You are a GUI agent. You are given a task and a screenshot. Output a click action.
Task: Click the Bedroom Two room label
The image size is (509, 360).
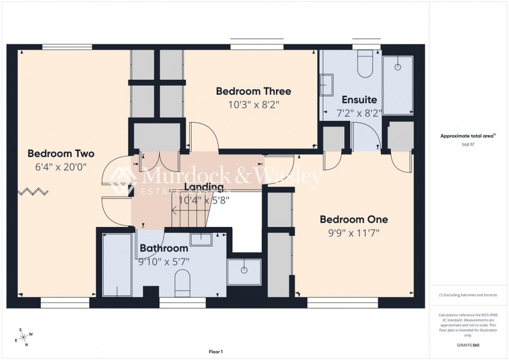click(61, 153)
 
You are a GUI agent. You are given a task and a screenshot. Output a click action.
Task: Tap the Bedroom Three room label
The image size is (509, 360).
click(253, 91)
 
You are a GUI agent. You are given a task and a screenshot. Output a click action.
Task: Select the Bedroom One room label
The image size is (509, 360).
click(353, 219)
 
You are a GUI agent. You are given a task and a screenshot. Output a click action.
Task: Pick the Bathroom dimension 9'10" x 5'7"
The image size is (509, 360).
click(163, 261)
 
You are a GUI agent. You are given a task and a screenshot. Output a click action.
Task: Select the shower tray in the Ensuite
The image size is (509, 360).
click(398, 84)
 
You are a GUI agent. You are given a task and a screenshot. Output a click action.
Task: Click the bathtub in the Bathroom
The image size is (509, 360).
click(117, 264)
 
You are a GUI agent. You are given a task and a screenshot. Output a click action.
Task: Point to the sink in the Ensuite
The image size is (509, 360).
click(327, 84)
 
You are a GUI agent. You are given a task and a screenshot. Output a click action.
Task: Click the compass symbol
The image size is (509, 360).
click(25, 338)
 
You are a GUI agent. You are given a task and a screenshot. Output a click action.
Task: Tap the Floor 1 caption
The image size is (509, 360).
click(216, 352)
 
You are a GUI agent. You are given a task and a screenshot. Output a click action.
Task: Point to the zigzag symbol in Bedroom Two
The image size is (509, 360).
click(33, 192)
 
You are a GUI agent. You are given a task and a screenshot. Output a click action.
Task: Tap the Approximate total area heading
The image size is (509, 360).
click(467, 136)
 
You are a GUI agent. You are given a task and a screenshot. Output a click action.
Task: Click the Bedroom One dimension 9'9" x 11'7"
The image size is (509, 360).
click(353, 232)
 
